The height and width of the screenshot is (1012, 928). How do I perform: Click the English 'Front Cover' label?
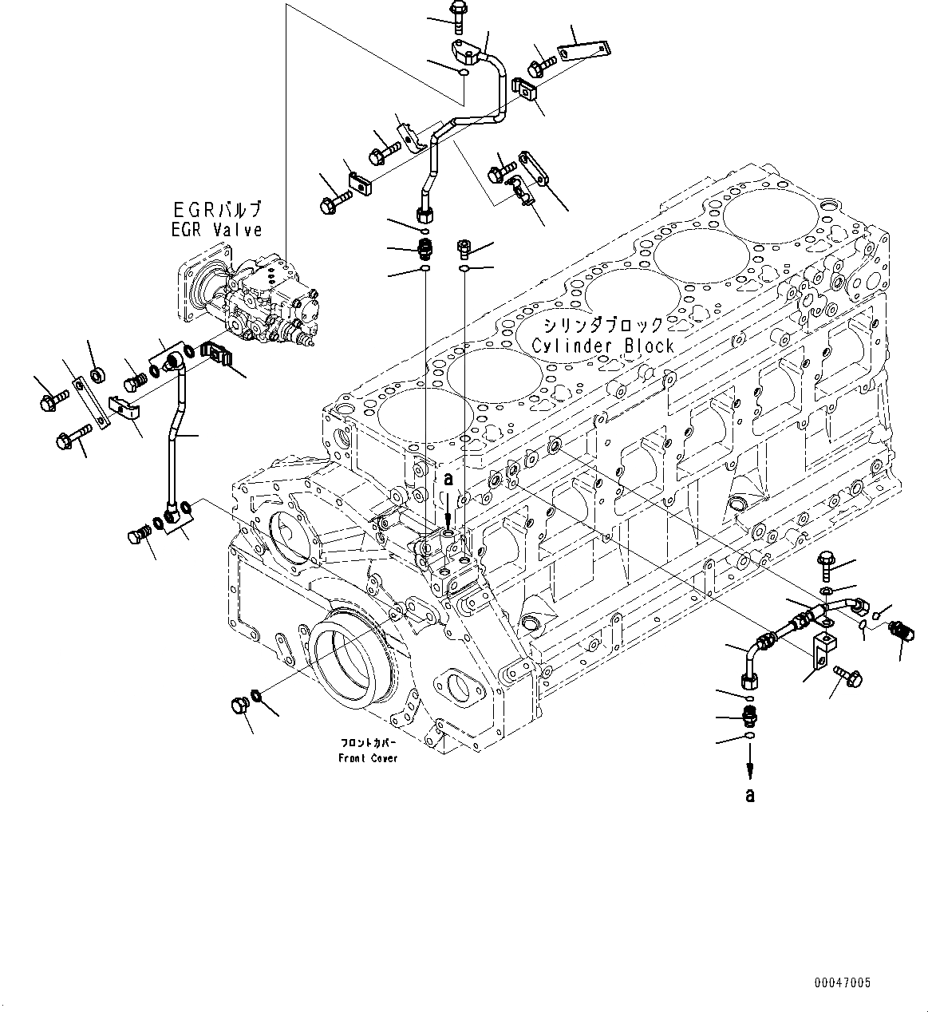coord(368,757)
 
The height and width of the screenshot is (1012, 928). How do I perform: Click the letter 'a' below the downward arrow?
coord(749,794)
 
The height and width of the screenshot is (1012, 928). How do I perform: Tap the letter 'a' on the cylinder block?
coord(448,479)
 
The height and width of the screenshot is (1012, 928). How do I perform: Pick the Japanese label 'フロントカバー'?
coord(368,743)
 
